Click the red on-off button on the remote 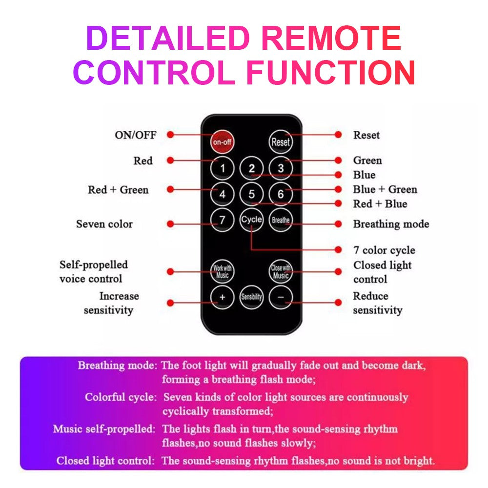coord(222,142)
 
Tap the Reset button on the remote coord(281,142)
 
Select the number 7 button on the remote coord(222,220)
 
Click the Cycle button coord(251,220)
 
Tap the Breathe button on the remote coord(281,220)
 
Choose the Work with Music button coord(222,272)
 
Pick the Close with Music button coord(281,272)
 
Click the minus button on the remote coord(281,297)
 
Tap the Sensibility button coord(251,297)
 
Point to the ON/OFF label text coord(136,135)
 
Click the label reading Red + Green coord(118,190)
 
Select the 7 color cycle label coord(384,250)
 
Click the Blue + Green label coord(385,189)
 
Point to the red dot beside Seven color coord(170,224)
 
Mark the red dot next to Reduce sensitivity coord(338,303)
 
